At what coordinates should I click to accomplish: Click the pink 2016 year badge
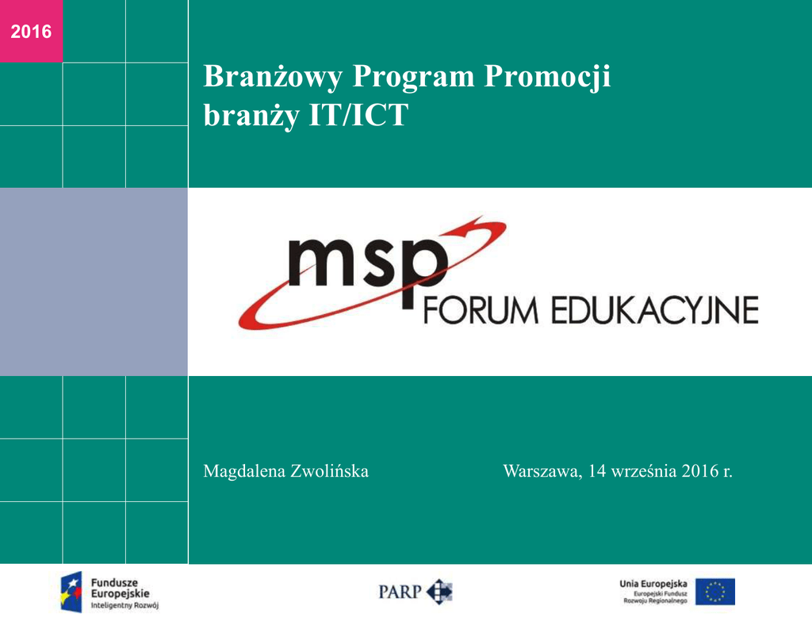(x=31, y=31)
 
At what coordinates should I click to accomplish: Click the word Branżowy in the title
(x=273, y=77)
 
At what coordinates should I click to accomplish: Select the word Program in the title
(x=413, y=78)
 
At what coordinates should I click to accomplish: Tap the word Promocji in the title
(x=547, y=78)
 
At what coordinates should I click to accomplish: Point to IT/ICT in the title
(x=358, y=114)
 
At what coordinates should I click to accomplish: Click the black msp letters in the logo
(x=368, y=270)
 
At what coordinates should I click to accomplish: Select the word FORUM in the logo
(x=481, y=310)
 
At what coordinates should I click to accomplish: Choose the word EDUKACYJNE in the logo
(x=654, y=310)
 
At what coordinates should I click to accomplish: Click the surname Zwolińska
(x=329, y=471)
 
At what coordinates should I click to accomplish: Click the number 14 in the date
(x=597, y=471)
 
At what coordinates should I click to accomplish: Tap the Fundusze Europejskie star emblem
(x=71, y=592)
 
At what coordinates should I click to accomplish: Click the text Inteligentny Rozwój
(x=124, y=605)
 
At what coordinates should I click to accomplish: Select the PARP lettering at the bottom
(x=400, y=592)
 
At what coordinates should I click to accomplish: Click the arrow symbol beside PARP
(x=439, y=592)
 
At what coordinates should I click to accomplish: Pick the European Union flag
(x=715, y=592)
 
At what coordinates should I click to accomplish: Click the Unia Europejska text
(x=653, y=584)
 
